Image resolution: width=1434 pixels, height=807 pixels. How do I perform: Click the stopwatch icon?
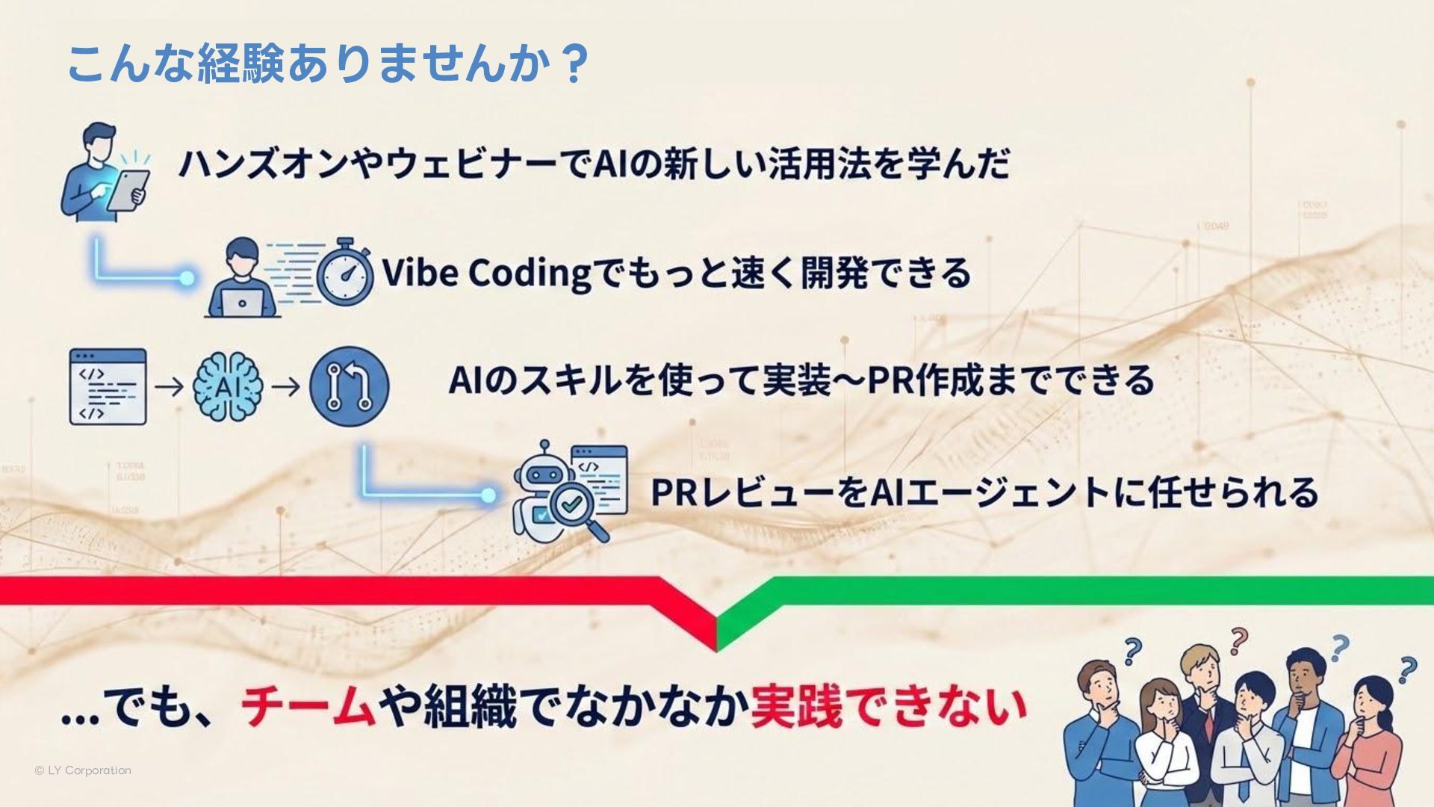click(x=345, y=273)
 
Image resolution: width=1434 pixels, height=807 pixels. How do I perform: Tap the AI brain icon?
click(x=228, y=387)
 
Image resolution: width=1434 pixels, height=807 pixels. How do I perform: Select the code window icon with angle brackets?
click(x=108, y=387)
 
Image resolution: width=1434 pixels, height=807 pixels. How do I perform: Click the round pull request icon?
click(x=350, y=386)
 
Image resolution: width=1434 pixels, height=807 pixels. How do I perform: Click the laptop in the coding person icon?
click(x=241, y=301)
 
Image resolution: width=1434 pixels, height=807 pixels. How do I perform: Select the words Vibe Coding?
click(x=486, y=273)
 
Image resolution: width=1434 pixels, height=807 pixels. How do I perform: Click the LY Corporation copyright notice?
click(x=83, y=770)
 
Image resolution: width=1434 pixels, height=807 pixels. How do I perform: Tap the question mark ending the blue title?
click(x=574, y=64)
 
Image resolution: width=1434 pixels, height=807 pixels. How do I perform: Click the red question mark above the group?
click(x=1238, y=641)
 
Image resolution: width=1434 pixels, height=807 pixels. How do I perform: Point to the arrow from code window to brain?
click(x=169, y=387)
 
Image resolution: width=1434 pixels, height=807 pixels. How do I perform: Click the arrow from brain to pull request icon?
click(x=285, y=387)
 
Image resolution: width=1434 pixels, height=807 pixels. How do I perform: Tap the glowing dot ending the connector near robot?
click(x=488, y=495)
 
